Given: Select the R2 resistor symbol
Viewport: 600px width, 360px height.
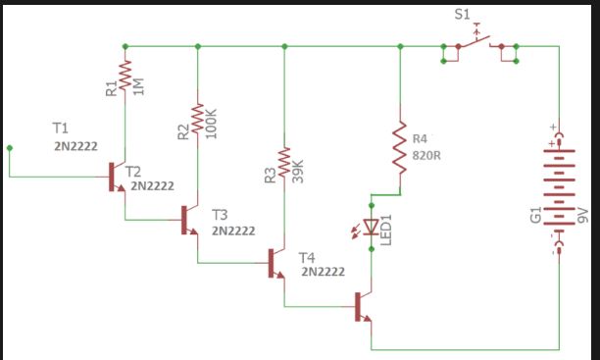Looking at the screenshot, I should [198, 119].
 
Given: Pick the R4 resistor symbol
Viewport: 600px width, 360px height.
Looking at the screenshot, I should [399, 144].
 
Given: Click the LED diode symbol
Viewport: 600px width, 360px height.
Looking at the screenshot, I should [371, 228].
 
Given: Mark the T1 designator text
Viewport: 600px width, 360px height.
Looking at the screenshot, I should [61, 129].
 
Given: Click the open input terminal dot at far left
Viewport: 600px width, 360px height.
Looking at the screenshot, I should [10, 148].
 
